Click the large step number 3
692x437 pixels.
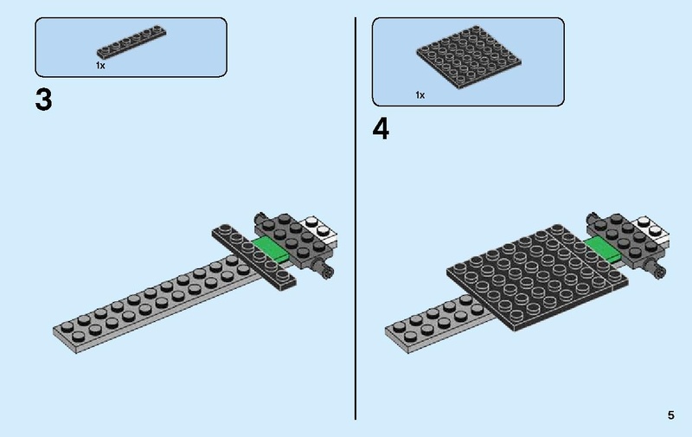(x=43, y=100)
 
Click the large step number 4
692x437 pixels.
(x=381, y=129)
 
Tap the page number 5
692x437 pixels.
(x=670, y=415)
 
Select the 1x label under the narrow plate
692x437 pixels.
(x=100, y=65)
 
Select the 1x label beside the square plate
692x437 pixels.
(x=420, y=95)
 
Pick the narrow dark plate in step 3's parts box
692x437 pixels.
(x=131, y=43)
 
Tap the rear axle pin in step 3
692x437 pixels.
(x=259, y=215)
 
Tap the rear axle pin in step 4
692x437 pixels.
(x=593, y=215)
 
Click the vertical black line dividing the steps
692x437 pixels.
(x=356, y=216)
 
